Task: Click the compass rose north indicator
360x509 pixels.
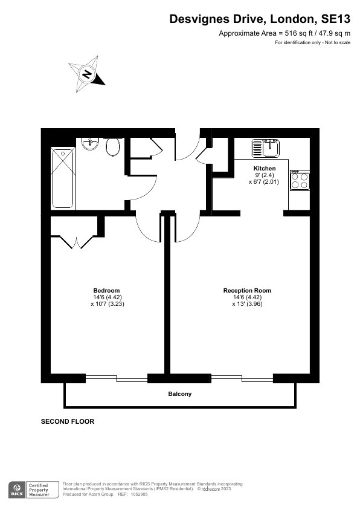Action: coord(87,74)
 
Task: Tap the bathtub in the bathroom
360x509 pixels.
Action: coord(63,178)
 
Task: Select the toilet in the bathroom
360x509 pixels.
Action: coord(113,147)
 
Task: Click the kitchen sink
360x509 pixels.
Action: coord(265,148)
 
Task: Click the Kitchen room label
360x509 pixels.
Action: coord(265,168)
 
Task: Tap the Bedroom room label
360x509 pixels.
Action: coord(106,291)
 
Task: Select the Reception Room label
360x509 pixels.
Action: coord(247,291)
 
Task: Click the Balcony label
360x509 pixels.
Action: coord(179,394)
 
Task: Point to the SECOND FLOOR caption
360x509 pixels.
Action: coord(68,421)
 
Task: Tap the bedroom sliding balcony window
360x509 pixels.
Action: coord(117,378)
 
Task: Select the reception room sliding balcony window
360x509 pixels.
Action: coord(242,378)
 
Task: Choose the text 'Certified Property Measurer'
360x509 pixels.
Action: coord(39,490)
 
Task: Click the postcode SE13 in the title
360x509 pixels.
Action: coord(336,19)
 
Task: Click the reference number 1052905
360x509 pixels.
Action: coord(139,494)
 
